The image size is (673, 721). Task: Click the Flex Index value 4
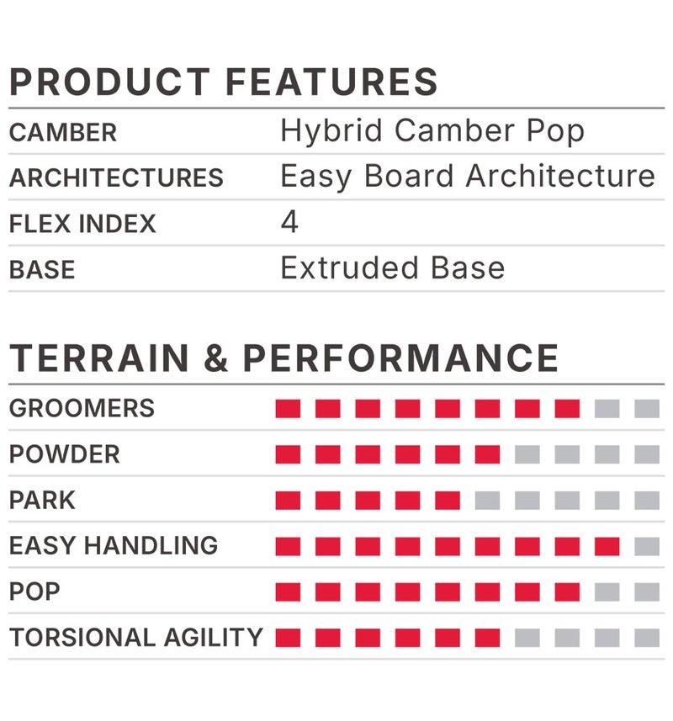pyautogui.click(x=289, y=221)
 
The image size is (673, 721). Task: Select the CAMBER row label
pyautogui.click(x=63, y=132)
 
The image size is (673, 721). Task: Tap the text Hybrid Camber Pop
pyautogui.click(x=432, y=131)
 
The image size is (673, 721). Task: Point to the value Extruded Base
pyautogui.click(x=393, y=268)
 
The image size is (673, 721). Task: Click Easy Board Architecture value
pyautogui.click(x=468, y=177)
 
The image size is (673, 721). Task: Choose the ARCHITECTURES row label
pyautogui.click(x=116, y=178)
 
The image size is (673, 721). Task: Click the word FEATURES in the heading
pyautogui.click(x=331, y=82)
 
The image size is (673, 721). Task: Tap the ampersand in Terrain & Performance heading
pyautogui.click(x=215, y=358)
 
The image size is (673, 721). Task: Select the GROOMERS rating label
pyautogui.click(x=82, y=408)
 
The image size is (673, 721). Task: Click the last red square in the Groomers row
pyautogui.click(x=567, y=408)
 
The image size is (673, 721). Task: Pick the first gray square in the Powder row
pyautogui.click(x=527, y=454)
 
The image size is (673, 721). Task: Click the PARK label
pyautogui.click(x=42, y=500)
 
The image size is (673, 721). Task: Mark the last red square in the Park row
pyautogui.click(x=448, y=501)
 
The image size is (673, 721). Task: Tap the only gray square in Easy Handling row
pyautogui.click(x=647, y=546)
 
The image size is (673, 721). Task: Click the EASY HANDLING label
pyautogui.click(x=114, y=545)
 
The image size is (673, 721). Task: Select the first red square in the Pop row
pyautogui.click(x=288, y=592)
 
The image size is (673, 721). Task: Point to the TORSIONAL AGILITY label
pyautogui.click(x=136, y=638)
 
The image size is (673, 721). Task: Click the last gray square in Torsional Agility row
pyautogui.click(x=647, y=638)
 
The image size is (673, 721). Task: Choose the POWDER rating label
pyautogui.click(x=65, y=454)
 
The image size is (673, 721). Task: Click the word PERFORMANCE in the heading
pyautogui.click(x=400, y=358)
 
